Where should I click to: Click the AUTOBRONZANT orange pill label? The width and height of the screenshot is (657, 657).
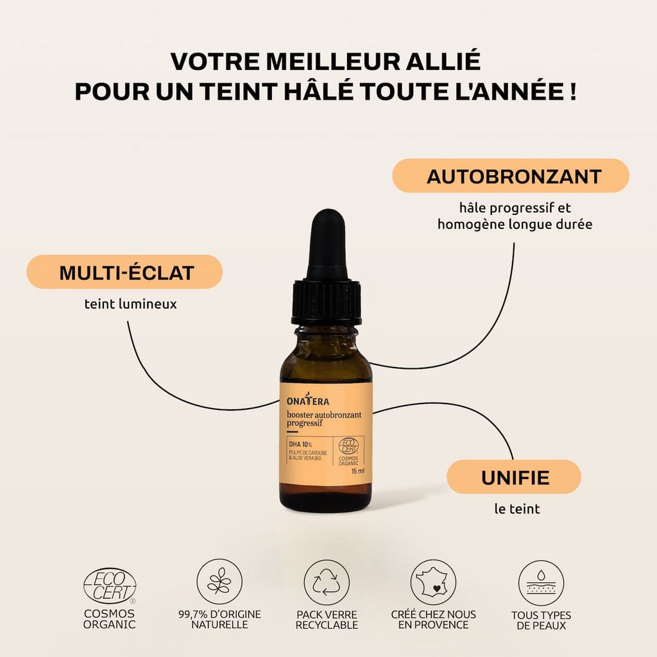510,176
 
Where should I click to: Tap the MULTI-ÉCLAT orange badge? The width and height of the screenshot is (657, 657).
124,272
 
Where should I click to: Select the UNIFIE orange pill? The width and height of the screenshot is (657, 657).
514,477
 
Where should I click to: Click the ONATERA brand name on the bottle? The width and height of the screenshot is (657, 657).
308,400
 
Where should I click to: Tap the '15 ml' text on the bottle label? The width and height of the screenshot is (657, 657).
358,471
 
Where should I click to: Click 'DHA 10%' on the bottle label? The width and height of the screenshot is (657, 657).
300,444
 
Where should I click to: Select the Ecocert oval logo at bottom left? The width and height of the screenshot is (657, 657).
110,586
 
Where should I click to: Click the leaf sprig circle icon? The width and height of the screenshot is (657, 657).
219,581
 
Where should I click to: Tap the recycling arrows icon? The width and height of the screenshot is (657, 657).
327,583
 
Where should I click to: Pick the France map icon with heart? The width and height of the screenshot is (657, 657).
433,583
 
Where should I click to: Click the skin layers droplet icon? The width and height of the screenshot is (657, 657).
541,583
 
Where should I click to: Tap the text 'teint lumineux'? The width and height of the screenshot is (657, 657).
131,303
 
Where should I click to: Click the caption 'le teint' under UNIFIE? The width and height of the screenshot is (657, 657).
517,509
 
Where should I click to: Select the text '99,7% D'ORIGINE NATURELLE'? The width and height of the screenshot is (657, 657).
219,619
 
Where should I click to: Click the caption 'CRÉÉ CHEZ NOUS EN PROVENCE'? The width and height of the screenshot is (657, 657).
433,620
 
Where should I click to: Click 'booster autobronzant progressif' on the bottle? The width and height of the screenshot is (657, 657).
324,419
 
